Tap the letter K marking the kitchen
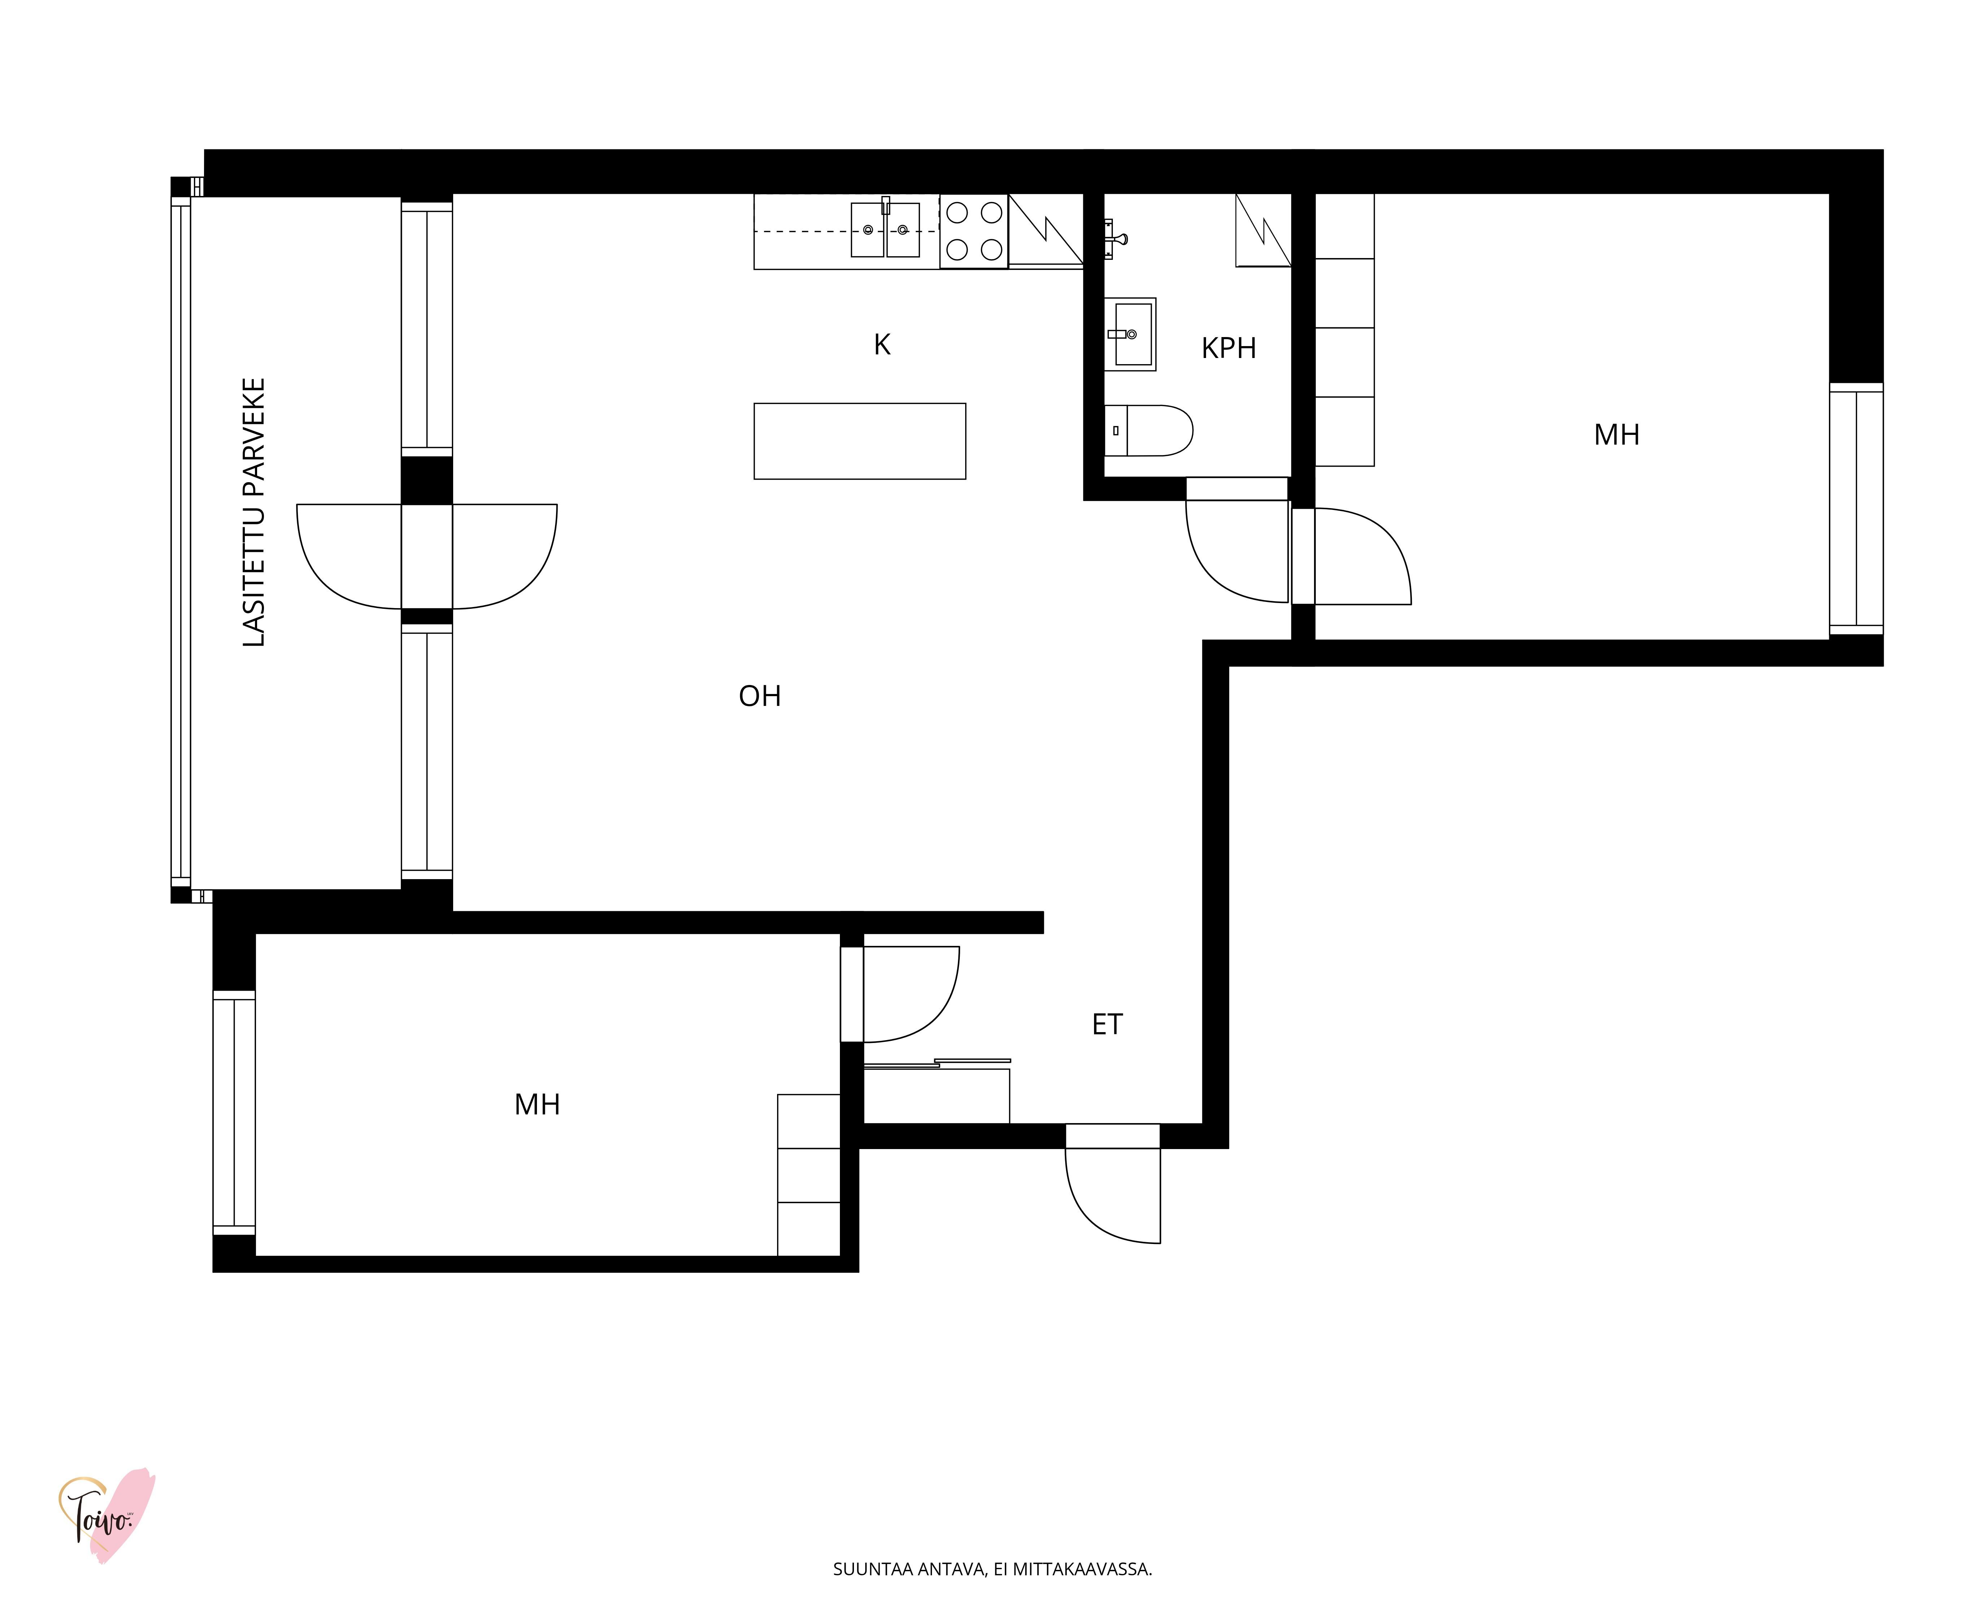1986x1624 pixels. [882, 345]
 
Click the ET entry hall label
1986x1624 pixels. [1107, 1024]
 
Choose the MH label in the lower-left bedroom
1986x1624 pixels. [537, 1105]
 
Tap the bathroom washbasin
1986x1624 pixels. [1131, 334]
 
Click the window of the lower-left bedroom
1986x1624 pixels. [234, 1112]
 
